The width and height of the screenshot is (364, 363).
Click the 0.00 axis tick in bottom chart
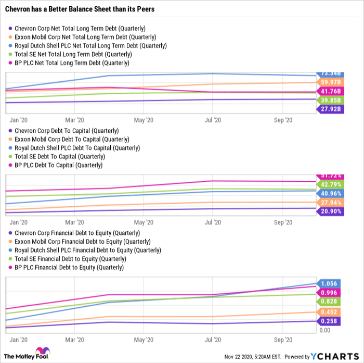coord(324,330)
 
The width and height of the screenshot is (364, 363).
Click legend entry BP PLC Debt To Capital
coord(62,165)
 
